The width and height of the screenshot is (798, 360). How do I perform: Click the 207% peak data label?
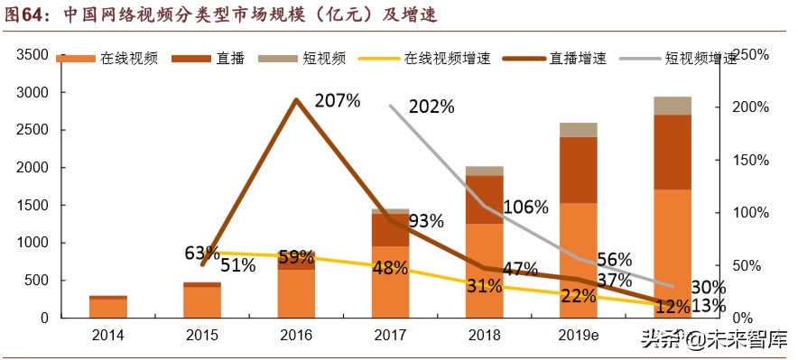tap(338, 101)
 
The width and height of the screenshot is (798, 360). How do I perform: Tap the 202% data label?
tap(431, 106)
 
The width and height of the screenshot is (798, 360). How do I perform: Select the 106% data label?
tap(525, 207)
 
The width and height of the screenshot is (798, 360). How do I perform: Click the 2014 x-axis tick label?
tap(107, 335)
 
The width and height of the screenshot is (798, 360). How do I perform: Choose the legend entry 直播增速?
tap(581, 59)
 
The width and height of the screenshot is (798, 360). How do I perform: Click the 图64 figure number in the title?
tap(28, 14)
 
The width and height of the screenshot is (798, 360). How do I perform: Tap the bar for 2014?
tap(107, 307)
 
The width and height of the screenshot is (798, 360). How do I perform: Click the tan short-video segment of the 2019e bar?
tap(579, 130)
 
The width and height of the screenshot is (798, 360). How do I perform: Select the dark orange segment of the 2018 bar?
tap(485, 199)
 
